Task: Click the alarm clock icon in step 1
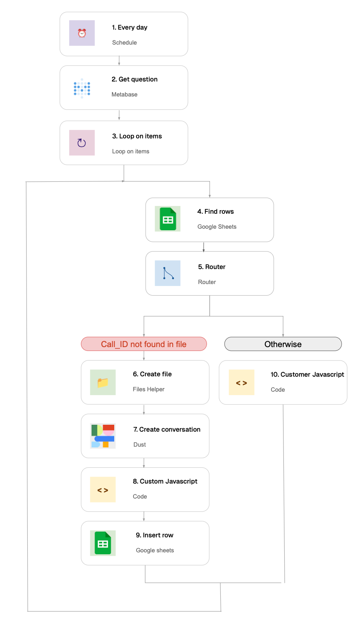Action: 82,33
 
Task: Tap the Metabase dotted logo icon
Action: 82,88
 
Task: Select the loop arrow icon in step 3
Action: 82,143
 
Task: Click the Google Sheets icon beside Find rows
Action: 168,219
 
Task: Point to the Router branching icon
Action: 168,273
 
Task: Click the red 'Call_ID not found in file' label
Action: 144,344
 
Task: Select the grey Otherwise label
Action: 283,344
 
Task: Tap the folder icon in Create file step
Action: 103,382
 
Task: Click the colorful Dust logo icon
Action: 103,436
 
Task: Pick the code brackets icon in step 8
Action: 103,490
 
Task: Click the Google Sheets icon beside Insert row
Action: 103,543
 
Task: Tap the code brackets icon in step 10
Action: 242,383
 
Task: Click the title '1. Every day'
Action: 130,27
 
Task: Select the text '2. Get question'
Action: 135,79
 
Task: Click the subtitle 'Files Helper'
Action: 148,389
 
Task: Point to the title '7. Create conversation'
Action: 167,429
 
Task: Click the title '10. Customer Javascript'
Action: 307,374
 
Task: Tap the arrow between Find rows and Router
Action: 203,247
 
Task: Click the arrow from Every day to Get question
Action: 119,61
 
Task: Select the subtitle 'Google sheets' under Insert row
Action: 155,550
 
